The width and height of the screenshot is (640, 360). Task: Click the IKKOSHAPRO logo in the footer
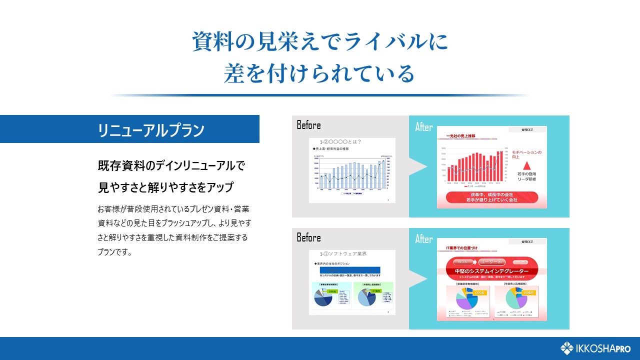point(595,348)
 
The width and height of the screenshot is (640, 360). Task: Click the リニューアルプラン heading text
point(151,130)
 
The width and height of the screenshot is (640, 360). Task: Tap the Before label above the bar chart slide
point(308,125)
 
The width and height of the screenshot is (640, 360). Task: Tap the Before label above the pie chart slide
point(308,237)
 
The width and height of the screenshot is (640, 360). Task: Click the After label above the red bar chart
point(424,127)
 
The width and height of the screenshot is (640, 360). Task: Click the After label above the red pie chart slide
point(424,239)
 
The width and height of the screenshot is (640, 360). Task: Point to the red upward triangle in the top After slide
point(526,165)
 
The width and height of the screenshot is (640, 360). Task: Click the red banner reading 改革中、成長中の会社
point(490,197)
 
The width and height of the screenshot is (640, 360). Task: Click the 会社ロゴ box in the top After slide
point(527,130)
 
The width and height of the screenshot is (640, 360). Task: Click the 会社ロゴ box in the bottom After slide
point(527,242)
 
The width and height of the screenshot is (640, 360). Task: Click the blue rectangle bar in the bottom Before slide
point(350,269)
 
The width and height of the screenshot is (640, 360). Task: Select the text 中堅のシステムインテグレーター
point(491,271)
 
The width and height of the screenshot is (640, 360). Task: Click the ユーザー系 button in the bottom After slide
point(491,261)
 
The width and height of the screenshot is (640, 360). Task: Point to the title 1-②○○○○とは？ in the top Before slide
point(340,142)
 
